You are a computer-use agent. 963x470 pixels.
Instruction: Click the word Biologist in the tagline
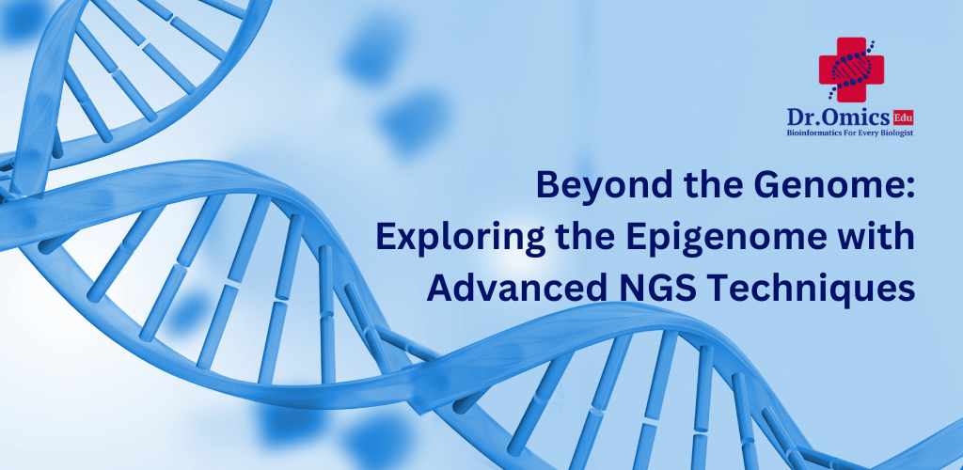click(x=896, y=133)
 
